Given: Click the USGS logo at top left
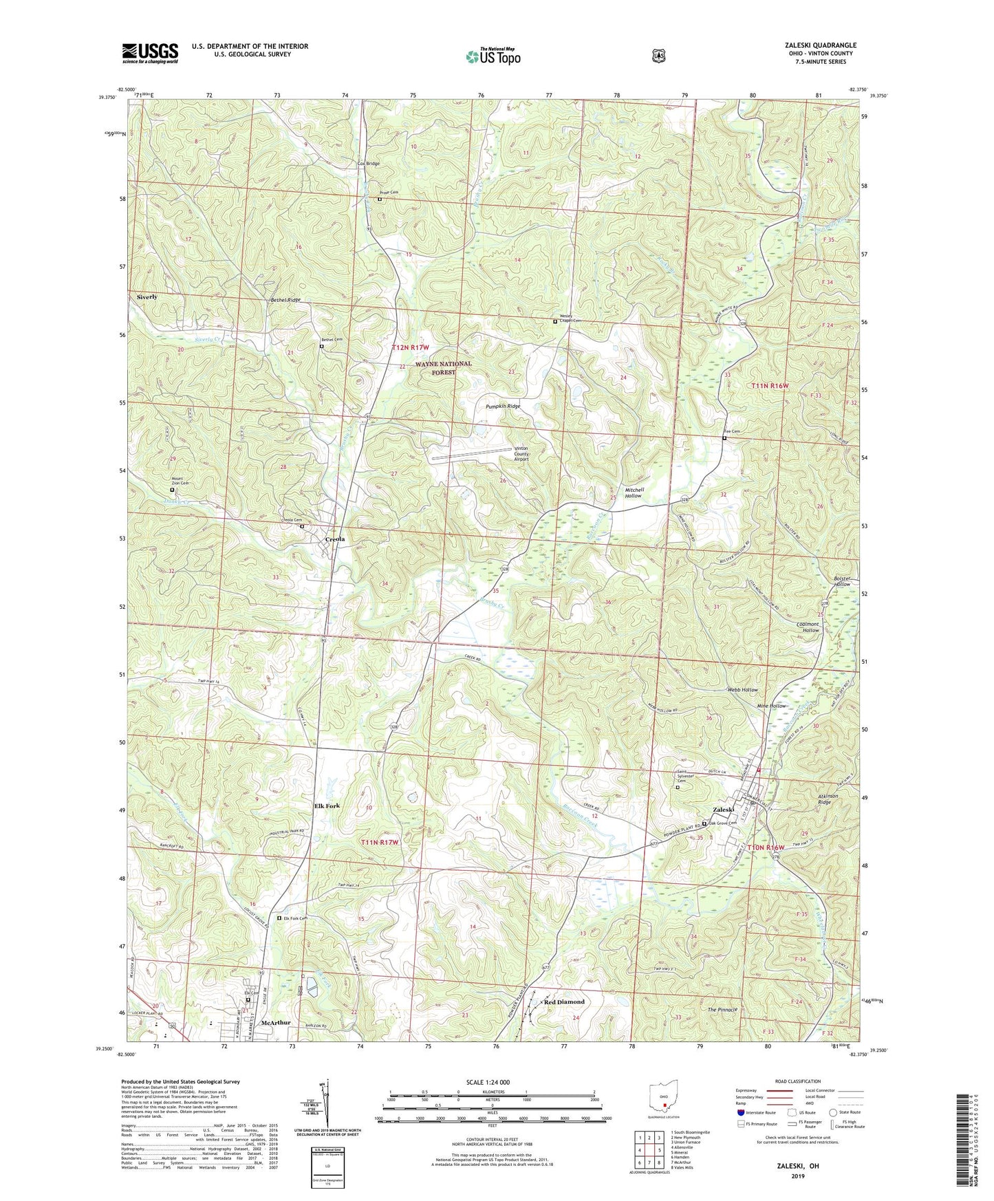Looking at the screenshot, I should [x=150, y=53].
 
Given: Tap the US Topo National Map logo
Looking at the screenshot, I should [x=493, y=56].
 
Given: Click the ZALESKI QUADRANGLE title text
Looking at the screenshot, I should [x=815, y=45].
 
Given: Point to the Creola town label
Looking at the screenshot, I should [x=334, y=539].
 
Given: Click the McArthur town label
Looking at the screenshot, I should [x=272, y=1023].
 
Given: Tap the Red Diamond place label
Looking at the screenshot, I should [x=564, y=1002].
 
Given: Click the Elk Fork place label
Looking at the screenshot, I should [x=327, y=805].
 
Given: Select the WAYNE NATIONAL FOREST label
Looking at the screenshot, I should [x=444, y=368].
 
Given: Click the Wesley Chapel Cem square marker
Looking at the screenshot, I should [x=555, y=321].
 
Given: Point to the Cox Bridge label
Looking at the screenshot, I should [x=368, y=164].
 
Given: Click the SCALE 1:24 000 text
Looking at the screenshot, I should [x=488, y=1083].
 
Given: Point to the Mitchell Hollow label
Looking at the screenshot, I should [x=633, y=492].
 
